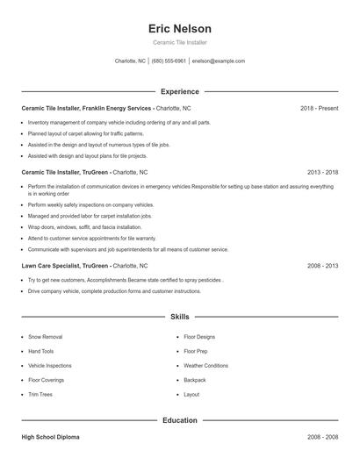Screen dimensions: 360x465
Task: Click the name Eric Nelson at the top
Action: click(x=180, y=29)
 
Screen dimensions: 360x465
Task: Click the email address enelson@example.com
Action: click(x=218, y=61)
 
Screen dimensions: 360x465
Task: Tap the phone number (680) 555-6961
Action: click(x=169, y=61)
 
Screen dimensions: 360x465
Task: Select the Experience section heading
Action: click(x=180, y=91)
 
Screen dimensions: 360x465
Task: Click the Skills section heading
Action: click(x=180, y=316)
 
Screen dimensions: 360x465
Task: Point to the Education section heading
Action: click(x=180, y=420)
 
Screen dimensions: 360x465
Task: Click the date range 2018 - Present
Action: click(x=319, y=108)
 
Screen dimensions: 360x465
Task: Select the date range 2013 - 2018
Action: click(x=322, y=173)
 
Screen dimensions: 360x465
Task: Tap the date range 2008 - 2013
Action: click(x=322, y=265)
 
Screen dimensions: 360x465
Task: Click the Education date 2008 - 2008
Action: click(x=322, y=436)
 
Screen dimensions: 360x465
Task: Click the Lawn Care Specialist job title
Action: click(x=51, y=265)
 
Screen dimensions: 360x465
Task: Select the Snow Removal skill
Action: click(x=45, y=337)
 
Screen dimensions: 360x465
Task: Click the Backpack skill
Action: click(x=195, y=380)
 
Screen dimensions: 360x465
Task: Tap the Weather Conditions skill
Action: click(x=205, y=366)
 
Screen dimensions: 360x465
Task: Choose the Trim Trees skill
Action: click(x=40, y=395)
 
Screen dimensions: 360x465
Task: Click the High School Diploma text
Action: click(x=52, y=436)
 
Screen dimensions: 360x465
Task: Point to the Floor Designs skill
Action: click(x=199, y=337)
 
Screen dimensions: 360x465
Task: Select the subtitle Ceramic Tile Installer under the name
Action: click(x=180, y=42)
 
